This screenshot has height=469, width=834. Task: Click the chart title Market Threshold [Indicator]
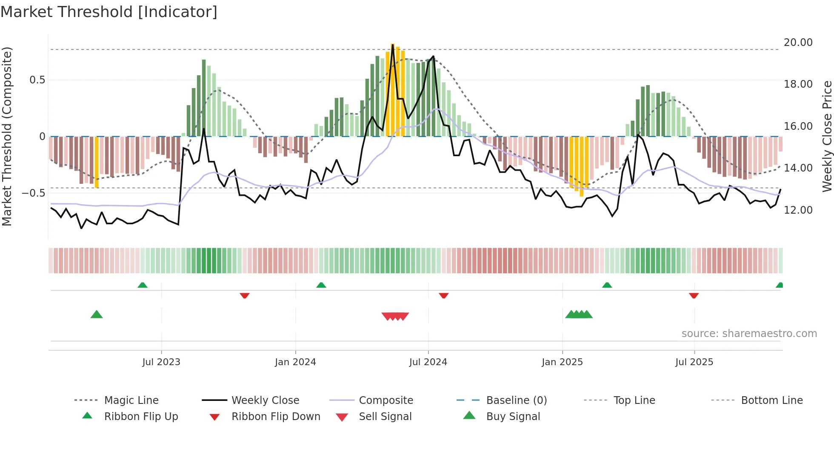click(109, 12)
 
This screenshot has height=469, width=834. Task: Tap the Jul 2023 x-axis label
click(161, 362)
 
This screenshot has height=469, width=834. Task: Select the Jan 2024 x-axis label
click(295, 362)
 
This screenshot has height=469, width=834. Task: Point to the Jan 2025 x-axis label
click(562, 362)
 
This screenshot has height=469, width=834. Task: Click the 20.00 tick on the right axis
click(798, 43)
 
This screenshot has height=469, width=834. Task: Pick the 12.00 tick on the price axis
click(798, 210)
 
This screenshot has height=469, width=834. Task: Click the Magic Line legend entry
click(131, 400)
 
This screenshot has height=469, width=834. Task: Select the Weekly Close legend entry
click(265, 400)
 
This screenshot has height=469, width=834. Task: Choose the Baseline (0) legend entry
click(516, 400)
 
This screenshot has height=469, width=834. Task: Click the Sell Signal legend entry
click(385, 417)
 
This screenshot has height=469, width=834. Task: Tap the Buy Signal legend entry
click(513, 417)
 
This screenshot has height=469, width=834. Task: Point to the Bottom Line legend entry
click(771, 400)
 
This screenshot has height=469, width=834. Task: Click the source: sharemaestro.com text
click(749, 334)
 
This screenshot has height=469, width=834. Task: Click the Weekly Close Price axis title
click(827, 136)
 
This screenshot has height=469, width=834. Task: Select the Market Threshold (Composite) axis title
click(7, 136)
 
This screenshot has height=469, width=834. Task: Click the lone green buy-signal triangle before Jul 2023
click(97, 315)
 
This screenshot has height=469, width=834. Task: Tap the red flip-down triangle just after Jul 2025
click(694, 295)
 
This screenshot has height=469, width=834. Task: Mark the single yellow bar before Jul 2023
click(97, 162)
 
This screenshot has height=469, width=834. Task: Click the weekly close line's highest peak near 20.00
click(392, 45)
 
